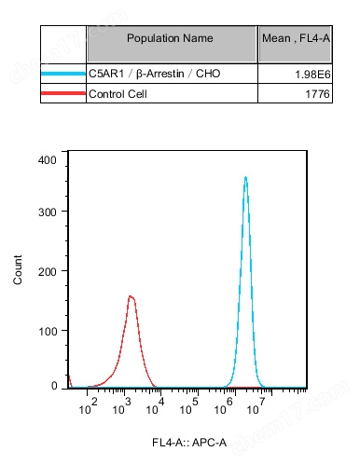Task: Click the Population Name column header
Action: [170, 38]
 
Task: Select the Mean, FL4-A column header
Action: [294, 38]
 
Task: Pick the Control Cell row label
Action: [118, 93]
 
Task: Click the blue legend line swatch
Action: [63, 74]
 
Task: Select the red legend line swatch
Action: [63, 93]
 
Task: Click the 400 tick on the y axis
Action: [48, 159]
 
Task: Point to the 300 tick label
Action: [48, 212]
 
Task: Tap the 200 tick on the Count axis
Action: [48, 271]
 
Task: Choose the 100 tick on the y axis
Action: [48, 331]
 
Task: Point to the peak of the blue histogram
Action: [245, 177]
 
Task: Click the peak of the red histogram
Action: [132, 296]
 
